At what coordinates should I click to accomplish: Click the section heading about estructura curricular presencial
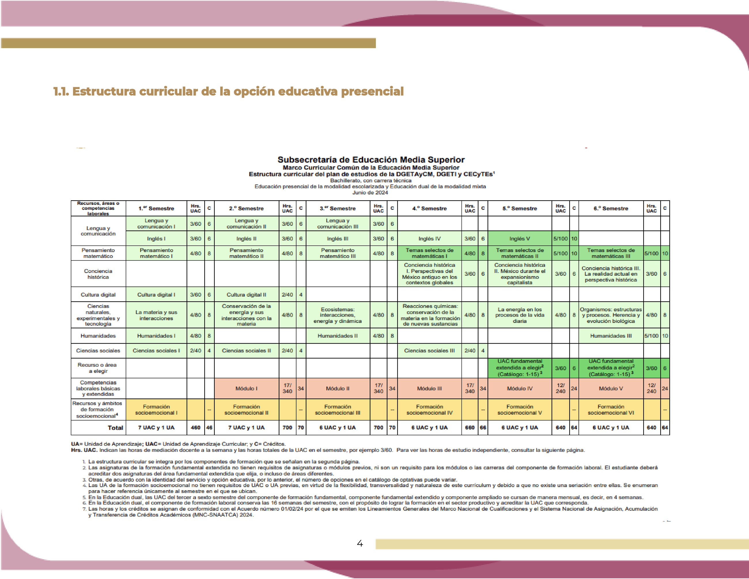click(x=228, y=92)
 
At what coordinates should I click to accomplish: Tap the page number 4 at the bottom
click(x=360, y=543)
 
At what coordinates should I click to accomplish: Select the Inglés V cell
click(x=520, y=238)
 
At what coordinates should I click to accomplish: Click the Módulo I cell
click(x=246, y=388)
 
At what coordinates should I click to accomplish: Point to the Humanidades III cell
click(x=610, y=336)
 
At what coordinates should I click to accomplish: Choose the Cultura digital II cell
click(x=246, y=295)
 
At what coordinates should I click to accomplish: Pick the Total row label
click(x=115, y=428)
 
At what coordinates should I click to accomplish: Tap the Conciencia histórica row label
click(x=98, y=274)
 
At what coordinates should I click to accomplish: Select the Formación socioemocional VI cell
click(x=610, y=410)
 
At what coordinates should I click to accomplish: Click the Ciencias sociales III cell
click(x=429, y=350)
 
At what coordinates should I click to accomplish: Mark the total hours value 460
click(x=196, y=428)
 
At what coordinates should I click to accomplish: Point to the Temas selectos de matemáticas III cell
click(x=610, y=253)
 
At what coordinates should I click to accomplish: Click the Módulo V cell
click(x=610, y=388)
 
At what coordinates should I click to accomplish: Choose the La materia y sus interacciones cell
click(x=156, y=315)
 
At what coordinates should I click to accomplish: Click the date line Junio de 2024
click(x=370, y=193)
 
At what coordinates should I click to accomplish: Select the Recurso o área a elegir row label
click(x=98, y=368)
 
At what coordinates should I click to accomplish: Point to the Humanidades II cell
click(x=337, y=336)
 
